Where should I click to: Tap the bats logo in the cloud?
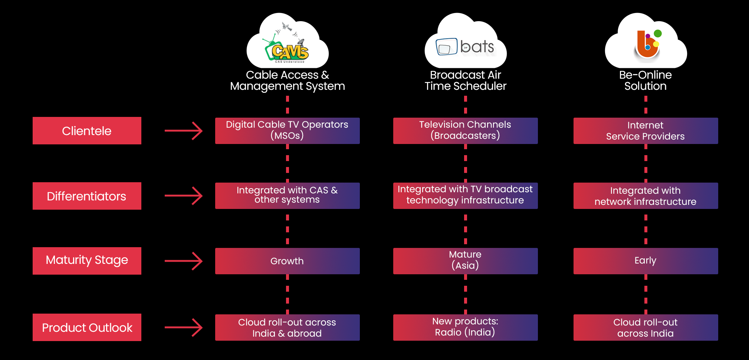(465, 47)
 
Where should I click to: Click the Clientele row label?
(87, 131)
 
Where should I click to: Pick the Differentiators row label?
(87, 196)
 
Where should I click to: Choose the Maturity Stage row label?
(87, 261)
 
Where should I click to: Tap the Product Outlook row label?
(87, 327)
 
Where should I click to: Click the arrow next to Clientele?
(184, 131)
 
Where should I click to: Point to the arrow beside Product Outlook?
(184, 327)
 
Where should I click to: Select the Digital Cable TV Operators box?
(288, 131)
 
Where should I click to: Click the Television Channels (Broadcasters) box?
(466, 131)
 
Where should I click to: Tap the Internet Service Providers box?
(646, 131)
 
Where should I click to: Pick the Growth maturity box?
(288, 261)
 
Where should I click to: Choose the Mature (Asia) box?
(466, 261)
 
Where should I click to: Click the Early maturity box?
(646, 261)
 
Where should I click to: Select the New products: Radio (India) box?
(466, 327)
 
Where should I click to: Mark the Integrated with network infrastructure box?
(646, 196)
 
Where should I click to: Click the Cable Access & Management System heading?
(288, 81)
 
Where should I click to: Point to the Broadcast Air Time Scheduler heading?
(466, 81)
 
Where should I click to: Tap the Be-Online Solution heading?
(645, 81)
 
